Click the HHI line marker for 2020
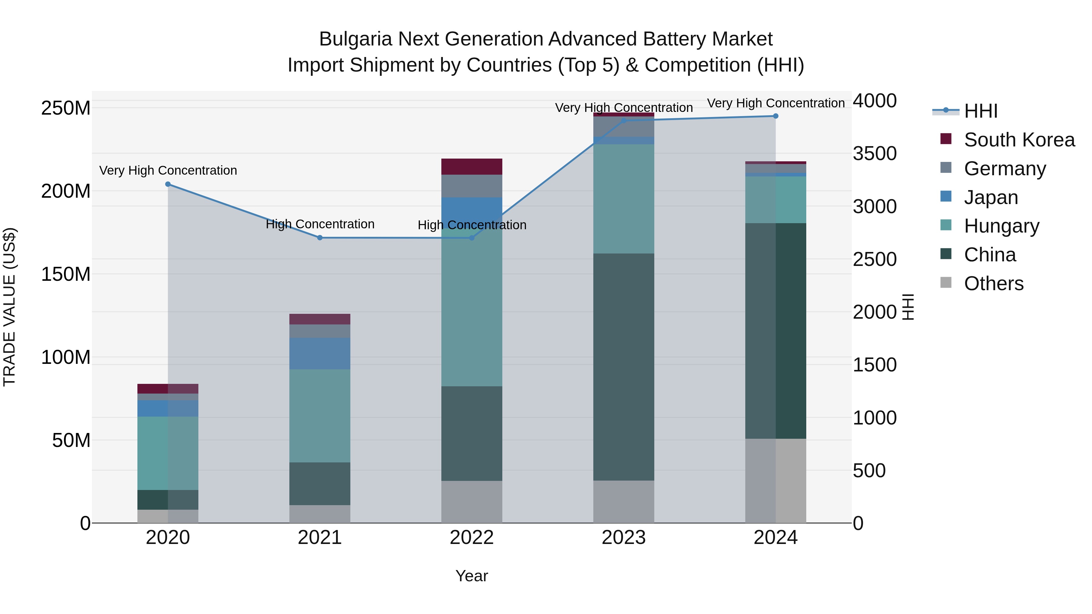tap(168, 184)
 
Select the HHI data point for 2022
tap(472, 238)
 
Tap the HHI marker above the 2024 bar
tap(776, 116)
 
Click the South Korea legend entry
tap(1019, 140)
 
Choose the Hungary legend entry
tap(1001, 226)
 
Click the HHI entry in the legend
tap(980, 111)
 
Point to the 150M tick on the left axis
tap(66, 274)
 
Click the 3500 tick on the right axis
tap(875, 153)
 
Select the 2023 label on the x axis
tap(624, 538)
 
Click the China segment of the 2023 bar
tap(624, 367)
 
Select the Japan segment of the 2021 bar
tap(320, 354)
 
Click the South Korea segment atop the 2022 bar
tap(472, 166)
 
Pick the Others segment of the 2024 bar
tap(776, 481)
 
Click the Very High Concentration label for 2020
tap(168, 170)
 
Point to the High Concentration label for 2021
tap(320, 224)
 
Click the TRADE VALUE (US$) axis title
tap(9, 307)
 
